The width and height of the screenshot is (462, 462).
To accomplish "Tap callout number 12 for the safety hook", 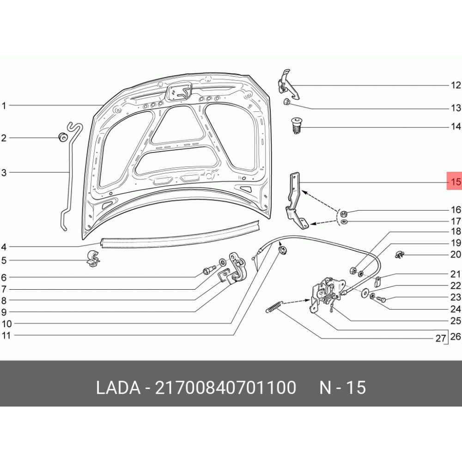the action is click(x=456, y=85).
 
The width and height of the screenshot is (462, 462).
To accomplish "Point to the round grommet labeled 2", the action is click(x=62, y=137).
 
